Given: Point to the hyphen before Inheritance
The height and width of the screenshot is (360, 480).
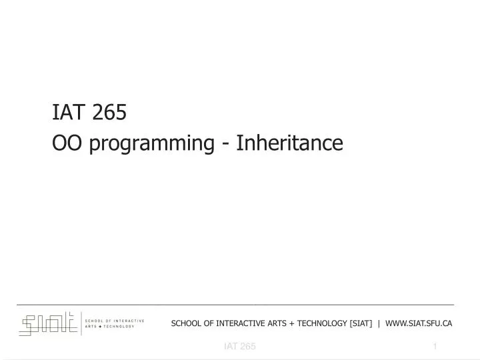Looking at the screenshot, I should coord(227,144).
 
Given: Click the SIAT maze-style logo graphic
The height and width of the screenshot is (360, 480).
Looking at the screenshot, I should coord(48,324).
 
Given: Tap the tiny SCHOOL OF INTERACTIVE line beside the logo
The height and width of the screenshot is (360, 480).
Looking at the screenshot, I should coord(115,321).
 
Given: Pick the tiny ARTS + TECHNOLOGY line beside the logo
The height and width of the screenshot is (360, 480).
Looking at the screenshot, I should coord(110,327).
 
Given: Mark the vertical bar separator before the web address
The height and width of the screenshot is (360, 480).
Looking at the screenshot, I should coord(379,323).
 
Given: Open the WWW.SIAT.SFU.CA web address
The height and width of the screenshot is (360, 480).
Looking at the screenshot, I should coord(419,323).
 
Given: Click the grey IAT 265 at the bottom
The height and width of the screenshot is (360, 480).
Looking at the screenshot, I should coord(239,347).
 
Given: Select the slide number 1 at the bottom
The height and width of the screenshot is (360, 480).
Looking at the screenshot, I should coord(435,347).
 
